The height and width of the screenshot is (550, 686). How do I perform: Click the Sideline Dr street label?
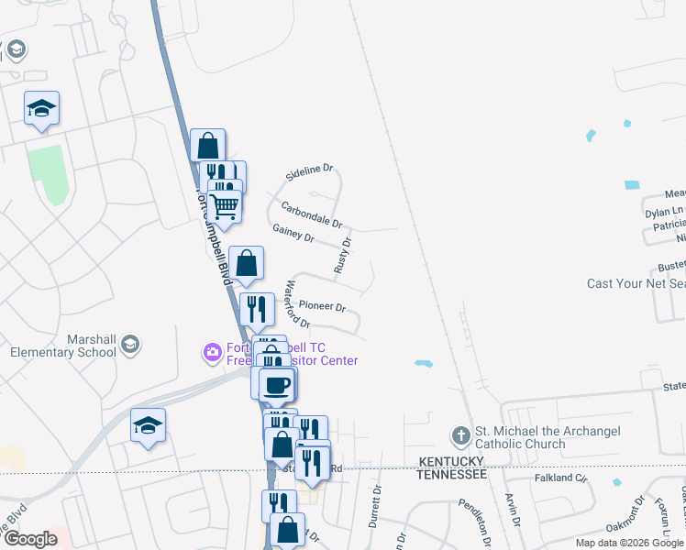pos(309,171)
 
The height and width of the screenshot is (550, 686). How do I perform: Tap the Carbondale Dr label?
pos(311,214)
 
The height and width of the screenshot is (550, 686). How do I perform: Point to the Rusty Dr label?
pos(344,256)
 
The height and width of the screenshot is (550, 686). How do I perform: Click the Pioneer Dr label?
pos(322,307)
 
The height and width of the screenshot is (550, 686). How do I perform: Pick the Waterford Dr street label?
pos(297,304)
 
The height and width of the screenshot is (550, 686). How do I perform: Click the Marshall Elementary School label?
pos(63,346)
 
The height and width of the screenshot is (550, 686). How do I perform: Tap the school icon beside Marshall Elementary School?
pos(129,344)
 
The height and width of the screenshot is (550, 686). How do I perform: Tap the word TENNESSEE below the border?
pos(450,474)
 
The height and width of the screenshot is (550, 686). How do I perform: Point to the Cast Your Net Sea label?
pos(636,283)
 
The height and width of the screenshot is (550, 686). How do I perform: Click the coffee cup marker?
pos(276,384)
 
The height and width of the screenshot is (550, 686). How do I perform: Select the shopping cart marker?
pos(225,207)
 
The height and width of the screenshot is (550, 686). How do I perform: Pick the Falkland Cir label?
pos(560,478)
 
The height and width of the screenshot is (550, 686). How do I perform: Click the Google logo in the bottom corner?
pos(30,539)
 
